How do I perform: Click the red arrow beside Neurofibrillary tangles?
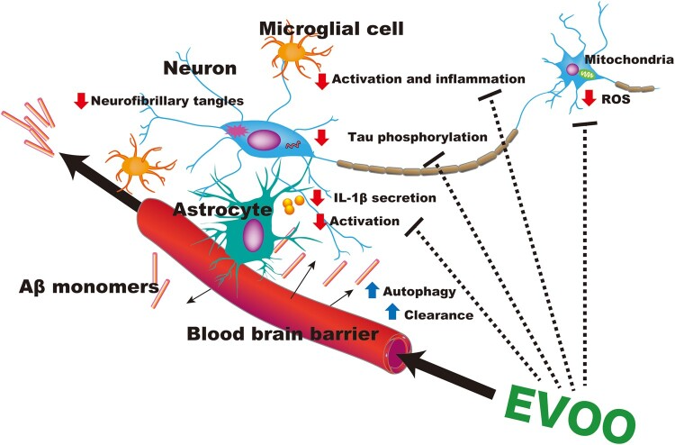(x=81, y=101)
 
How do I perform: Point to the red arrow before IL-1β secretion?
(x=318, y=197)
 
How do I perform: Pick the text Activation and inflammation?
(x=429, y=80)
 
